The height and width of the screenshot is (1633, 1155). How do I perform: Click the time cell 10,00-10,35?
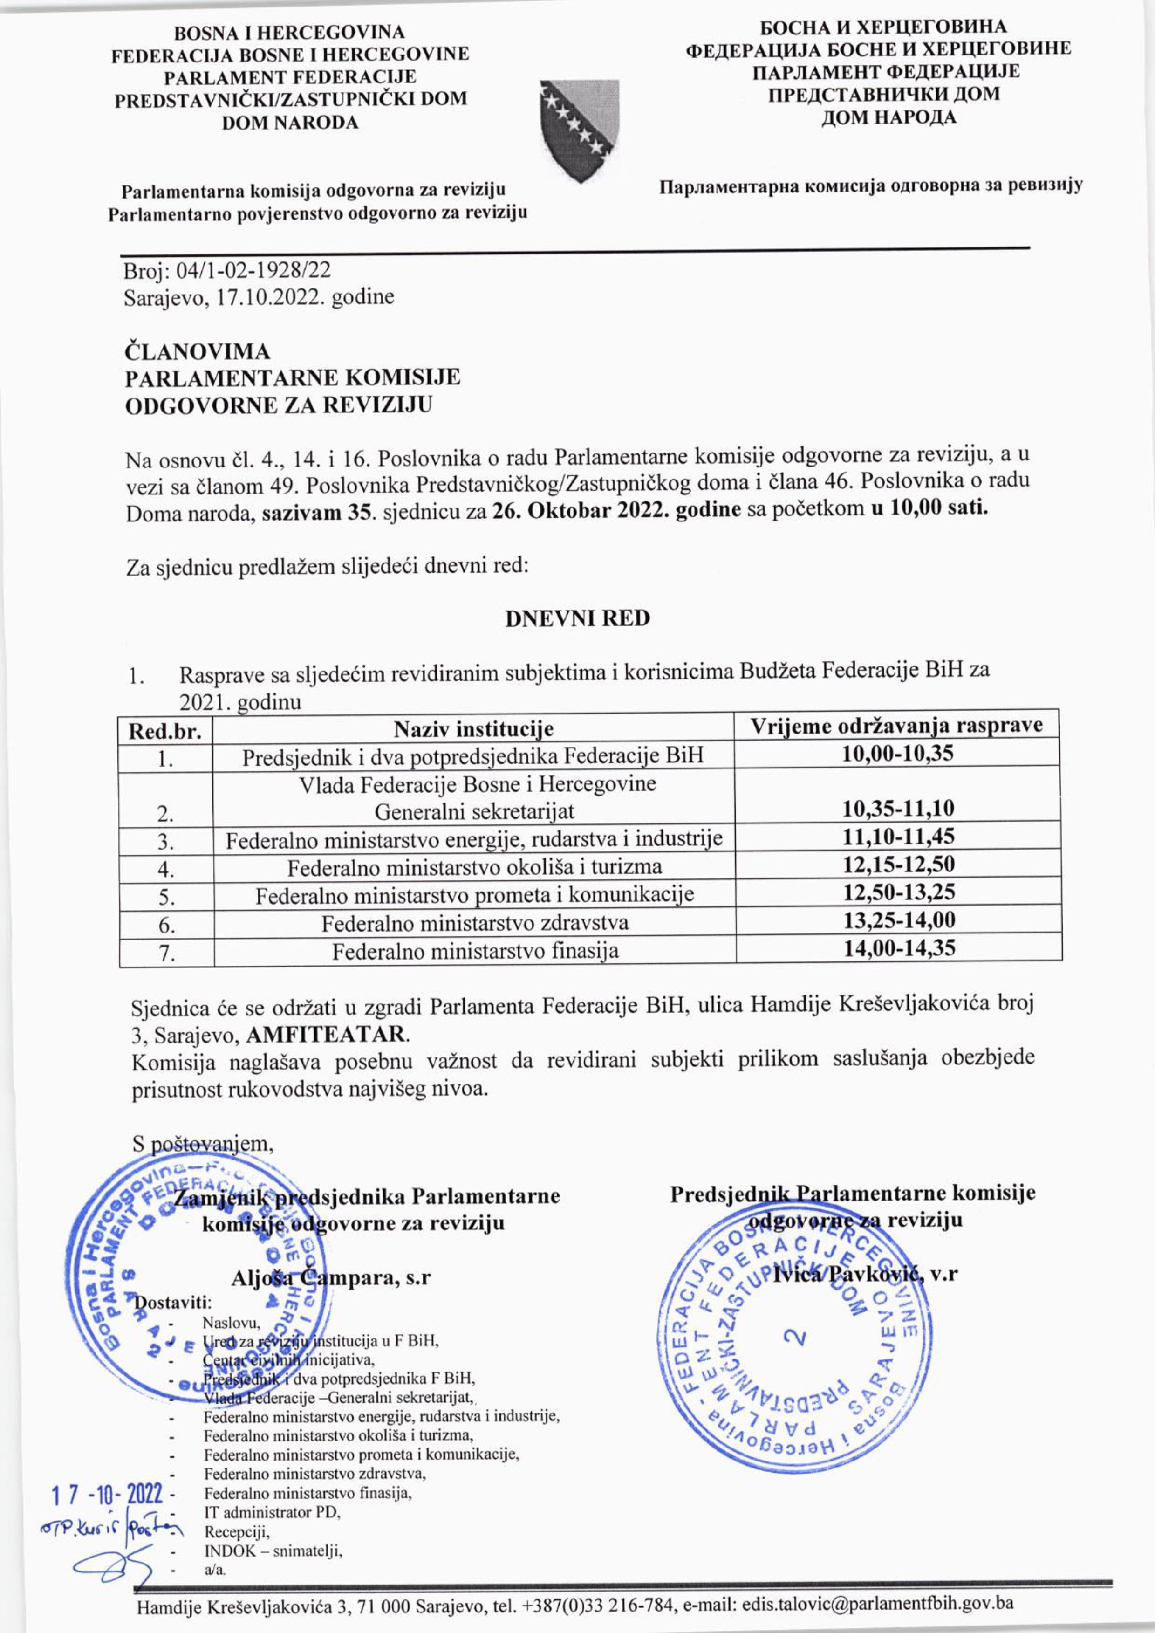pos(897,753)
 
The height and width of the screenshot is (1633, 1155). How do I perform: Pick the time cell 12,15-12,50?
pos(898,865)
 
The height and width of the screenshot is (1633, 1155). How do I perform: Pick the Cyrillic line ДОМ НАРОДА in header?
pos(888,117)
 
